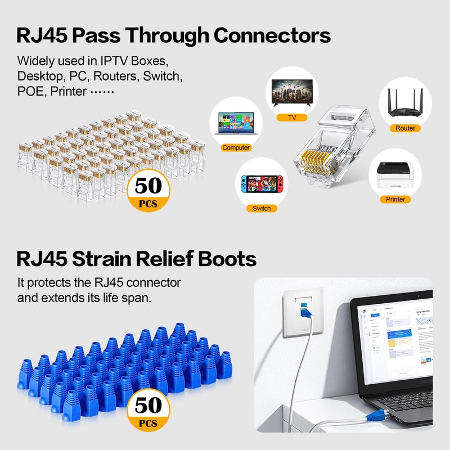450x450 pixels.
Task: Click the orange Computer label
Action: click(236, 148)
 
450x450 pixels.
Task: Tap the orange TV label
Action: click(292, 118)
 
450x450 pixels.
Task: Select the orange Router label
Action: click(405, 128)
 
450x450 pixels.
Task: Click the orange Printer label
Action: click(395, 199)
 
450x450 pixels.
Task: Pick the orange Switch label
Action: click(262, 208)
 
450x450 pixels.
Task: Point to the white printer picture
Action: click(395, 173)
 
